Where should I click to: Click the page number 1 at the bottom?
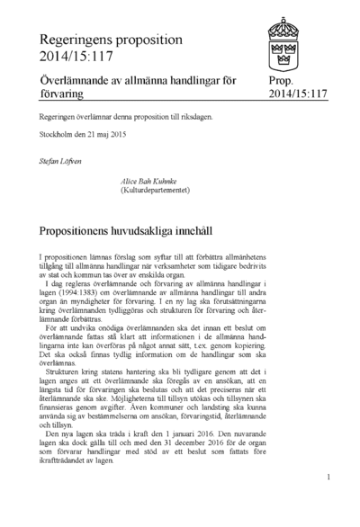point(329,478)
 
